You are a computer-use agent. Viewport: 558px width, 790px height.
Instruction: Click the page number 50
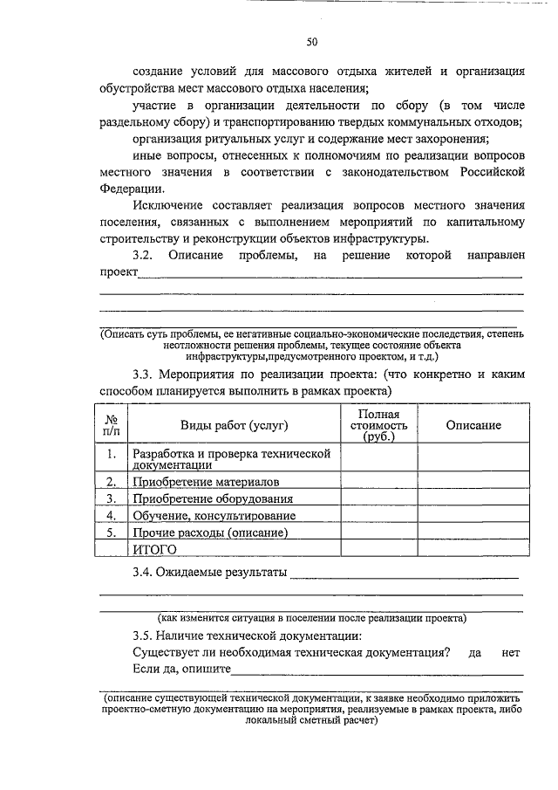pos(311,41)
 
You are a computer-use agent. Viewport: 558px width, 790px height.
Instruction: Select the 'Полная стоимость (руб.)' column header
pos(378,425)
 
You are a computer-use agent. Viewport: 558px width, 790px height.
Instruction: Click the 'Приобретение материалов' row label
pos(194,482)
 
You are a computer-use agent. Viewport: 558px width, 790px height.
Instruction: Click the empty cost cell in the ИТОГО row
pos(378,548)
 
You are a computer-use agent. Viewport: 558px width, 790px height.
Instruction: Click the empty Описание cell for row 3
pos(473,498)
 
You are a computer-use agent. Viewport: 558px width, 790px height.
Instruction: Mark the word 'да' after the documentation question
pos(475,652)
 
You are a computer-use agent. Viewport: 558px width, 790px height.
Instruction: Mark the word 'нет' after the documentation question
pos(511,652)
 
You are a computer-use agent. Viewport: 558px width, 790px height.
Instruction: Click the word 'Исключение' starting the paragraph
pos(167,206)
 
